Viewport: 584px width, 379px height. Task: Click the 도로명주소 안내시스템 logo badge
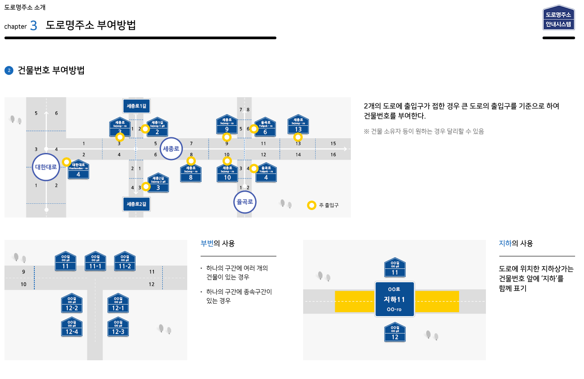559,18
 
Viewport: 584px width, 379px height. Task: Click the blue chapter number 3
34,26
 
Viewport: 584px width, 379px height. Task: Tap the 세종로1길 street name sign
136,106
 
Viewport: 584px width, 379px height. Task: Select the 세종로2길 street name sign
136,204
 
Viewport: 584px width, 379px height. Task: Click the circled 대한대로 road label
46,167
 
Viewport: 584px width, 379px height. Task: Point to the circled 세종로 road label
171,149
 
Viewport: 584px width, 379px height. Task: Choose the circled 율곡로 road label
245,202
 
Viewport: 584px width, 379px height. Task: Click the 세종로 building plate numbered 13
298,124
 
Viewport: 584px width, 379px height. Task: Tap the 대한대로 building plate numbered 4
78,169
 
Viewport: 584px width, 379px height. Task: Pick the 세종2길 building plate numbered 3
158,183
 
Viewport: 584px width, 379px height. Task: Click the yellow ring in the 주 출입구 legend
312,206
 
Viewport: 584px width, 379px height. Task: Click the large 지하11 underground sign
395,299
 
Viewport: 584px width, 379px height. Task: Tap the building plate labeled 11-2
125,261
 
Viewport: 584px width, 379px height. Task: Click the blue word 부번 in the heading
207,243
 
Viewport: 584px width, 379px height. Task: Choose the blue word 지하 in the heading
505,243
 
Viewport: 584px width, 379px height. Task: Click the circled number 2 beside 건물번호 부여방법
8,70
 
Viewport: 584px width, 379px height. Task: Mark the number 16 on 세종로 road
333,155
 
